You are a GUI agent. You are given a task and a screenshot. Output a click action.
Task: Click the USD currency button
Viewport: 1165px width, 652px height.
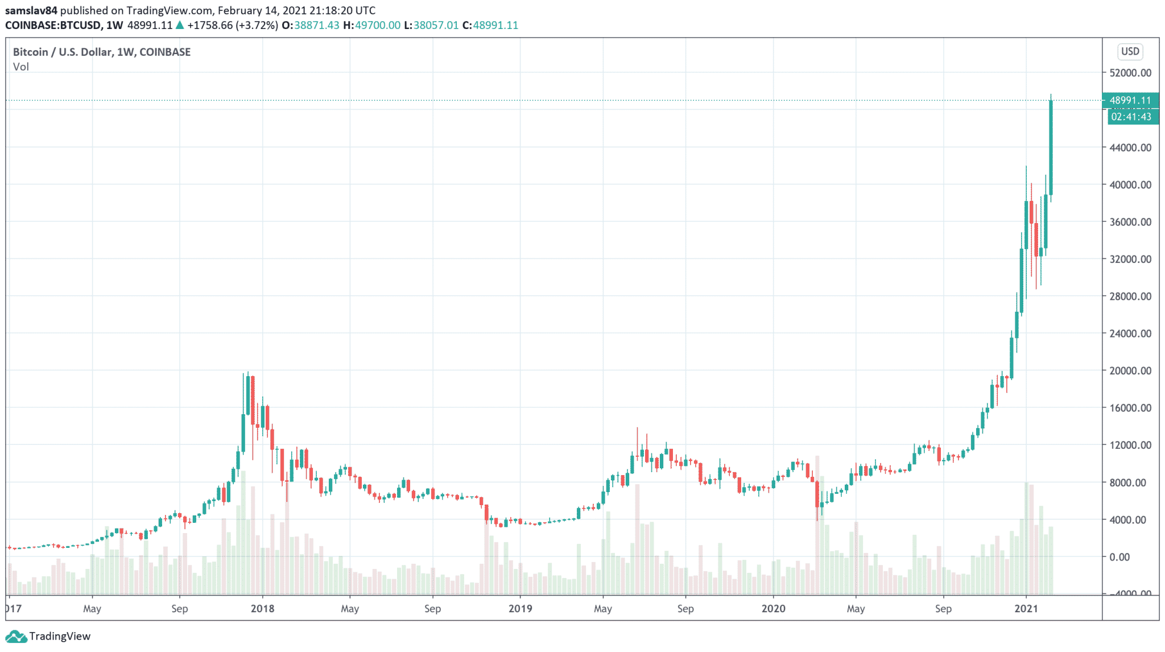(1130, 52)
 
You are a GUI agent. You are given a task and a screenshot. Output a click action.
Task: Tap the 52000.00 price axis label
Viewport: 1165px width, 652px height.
(1130, 73)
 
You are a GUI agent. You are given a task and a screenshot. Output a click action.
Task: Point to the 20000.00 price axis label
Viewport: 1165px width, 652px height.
(1130, 371)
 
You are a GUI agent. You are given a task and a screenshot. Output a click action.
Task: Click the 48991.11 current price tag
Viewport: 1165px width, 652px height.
(1130, 100)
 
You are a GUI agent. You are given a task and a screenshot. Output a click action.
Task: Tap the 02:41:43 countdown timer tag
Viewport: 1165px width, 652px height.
(1131, 117)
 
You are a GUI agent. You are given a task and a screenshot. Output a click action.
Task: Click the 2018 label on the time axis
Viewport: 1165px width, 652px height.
(262, 609)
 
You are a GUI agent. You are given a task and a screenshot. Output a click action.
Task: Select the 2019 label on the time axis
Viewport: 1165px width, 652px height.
(520, 609)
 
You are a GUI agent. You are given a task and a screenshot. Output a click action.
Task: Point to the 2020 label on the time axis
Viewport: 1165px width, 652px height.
(773, 609)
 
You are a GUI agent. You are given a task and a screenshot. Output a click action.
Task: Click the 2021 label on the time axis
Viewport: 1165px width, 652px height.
(1026, 609)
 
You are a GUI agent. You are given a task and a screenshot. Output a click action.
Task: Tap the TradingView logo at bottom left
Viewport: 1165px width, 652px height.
(48, 636)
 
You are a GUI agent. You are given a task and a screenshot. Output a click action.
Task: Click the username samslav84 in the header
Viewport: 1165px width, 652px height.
(31, 10)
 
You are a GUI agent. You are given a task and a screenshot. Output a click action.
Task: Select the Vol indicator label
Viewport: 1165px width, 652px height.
(21, 67)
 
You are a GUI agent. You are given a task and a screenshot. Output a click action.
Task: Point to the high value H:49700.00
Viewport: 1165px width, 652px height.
(371, 25)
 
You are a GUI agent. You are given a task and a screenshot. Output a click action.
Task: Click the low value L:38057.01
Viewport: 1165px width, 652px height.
(431, 25)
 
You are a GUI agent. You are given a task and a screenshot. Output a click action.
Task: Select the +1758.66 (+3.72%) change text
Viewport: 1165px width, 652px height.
(232, 25)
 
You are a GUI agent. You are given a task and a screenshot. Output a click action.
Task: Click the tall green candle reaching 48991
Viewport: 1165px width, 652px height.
(1051, 148)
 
